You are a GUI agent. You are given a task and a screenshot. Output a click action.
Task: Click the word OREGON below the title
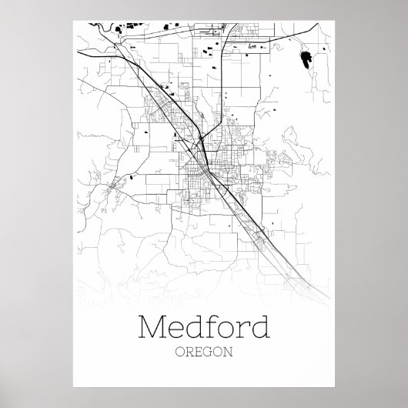(x=203, y=355)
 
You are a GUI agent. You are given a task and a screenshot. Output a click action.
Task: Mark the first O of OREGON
(x=179, y=355)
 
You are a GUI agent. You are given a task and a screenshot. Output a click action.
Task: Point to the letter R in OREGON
(x=189, y=355)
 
